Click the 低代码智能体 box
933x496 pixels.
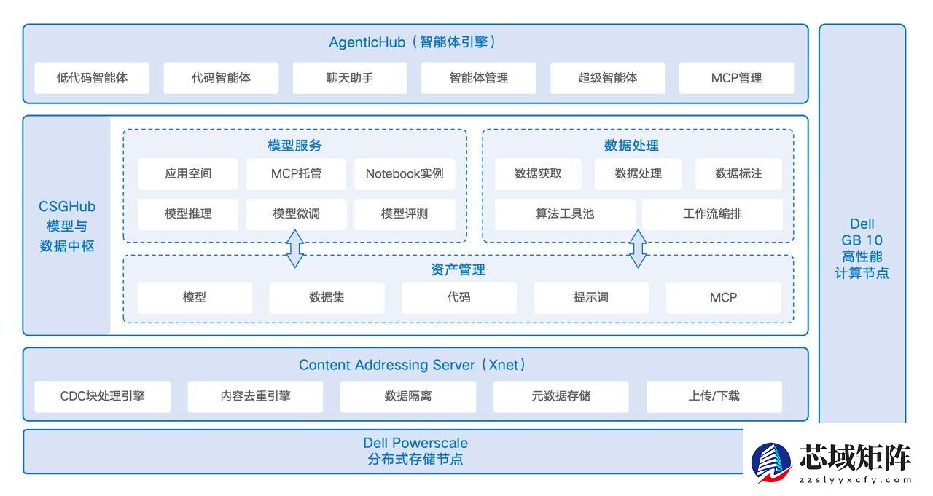92,78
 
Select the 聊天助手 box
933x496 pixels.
350,78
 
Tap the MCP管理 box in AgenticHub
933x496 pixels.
736,78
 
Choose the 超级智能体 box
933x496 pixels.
607,78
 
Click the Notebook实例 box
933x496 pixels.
405,174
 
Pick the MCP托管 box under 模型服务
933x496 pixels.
296,174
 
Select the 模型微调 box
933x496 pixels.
296,214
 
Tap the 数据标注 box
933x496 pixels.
738,174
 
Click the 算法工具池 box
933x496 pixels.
565,214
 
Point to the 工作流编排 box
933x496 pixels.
712,214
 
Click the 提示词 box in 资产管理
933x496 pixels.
590,297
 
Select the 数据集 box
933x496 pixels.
327,297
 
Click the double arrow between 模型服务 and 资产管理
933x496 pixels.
294,248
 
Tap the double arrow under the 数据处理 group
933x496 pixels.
638,248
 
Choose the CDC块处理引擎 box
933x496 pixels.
102,396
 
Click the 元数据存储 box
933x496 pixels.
561,396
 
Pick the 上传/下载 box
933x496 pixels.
714,396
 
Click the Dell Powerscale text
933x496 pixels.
415,443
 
